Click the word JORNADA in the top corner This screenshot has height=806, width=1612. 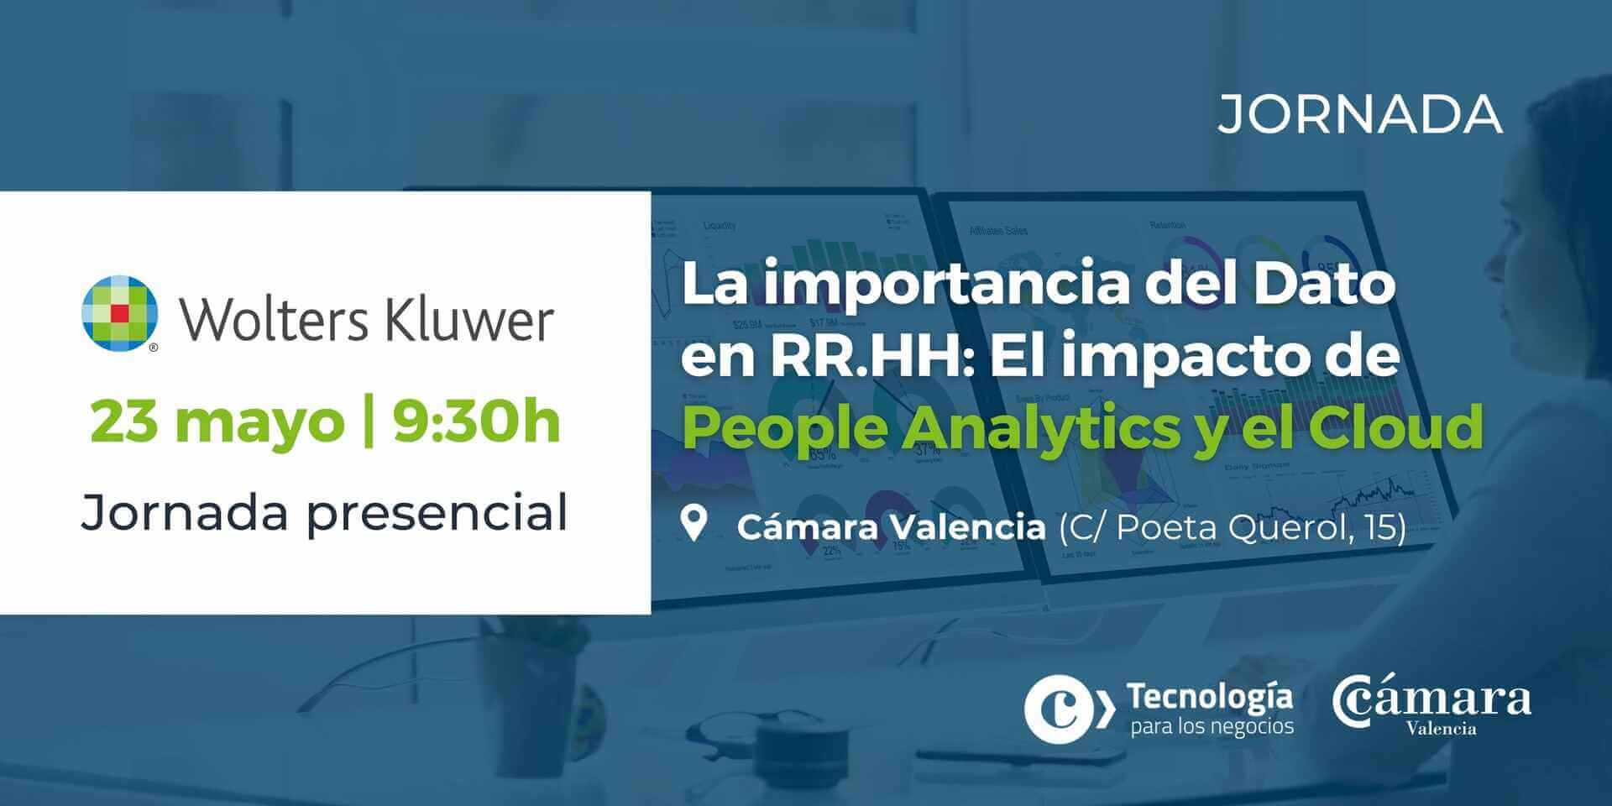pyautogui.click(x=1359, y=115)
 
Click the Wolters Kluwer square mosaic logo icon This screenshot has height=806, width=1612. pyautogui.click(x=120, y=313)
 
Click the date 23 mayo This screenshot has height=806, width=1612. pyautogui.click(x=217, y=422)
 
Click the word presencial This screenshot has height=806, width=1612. pyautogui.click(x=437, y=513)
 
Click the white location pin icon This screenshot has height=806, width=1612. pyautogui.click(x=693, y=523)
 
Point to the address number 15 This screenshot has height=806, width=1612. pyautogui.click(x=1384, y=527)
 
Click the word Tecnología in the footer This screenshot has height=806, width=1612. pyautogui.click(x=1209, y=696)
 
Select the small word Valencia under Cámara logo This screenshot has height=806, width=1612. pyautogui.click(x=1441, y=729)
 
